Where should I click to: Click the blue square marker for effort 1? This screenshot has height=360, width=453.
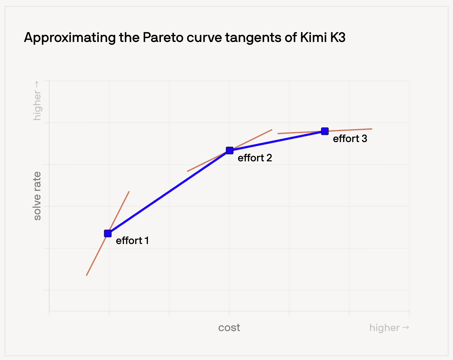click(108, 233)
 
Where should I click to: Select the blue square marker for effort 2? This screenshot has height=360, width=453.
click(230, 150)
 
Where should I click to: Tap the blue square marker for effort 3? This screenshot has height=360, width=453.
click(325, 131)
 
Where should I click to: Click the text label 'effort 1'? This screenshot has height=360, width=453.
click(132, 241)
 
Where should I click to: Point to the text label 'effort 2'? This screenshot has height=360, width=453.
click(255, 158)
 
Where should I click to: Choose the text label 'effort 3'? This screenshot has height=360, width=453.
click(350, 139)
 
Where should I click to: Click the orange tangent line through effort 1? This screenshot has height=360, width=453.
click(108, 233)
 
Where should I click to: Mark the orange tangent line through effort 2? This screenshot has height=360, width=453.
click(230, 150)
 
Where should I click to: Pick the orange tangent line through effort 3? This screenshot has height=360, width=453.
click(325, 131)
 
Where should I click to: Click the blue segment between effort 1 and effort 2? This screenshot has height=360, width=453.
click(169, 192)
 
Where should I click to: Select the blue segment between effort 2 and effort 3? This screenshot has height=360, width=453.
click(277, 141)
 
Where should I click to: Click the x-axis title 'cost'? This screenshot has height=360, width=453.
click(229, 328)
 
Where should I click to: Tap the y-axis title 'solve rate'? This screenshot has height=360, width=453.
click(37, 196)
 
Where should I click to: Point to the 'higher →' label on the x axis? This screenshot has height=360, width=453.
click(389, 328)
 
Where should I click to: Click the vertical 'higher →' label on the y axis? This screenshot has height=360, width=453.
click(37, 101)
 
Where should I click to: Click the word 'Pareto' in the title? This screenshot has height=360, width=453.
click(163, 38)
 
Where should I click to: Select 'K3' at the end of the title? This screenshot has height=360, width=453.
click(338, 38)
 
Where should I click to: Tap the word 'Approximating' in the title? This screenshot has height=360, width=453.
click(70, 38)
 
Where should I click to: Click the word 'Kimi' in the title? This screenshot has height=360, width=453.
click(313, 38)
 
